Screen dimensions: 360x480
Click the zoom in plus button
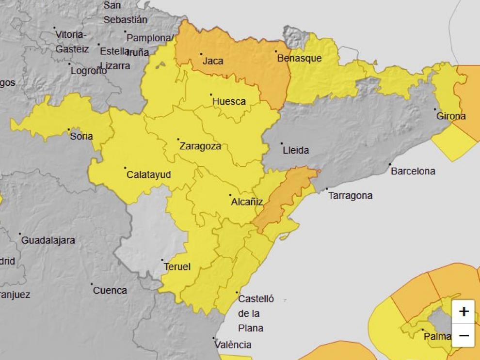pyautogui.click(x=464, y=312)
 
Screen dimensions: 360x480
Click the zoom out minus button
pyautogui.click(x=464, y=335)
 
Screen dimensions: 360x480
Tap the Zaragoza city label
pyautogui.click(x=200, y=146)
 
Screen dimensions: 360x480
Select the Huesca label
pyautogui.click(x=229, y=101)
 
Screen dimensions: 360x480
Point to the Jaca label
pyautogui.click(x=213, y=61)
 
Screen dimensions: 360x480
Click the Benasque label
pyautogui.click(x=299, y=58)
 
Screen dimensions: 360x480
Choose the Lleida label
pyautogui.click(x=295, y=150)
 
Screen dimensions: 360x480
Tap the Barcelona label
pyautogui.click(x=413, y=171)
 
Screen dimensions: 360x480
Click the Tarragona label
pyautogui.click(x=351, y=196)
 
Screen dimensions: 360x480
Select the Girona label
pyautogui.click(x=451, y=116)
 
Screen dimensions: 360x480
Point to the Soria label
pyautogui.click(x=81, y=136)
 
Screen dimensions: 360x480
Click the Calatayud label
pyautogui.click(x=148, y=175)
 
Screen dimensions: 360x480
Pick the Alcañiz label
pyautogui.click(x=247, y=202)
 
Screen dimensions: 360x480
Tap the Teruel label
pyautogui.click(x=177, y=266)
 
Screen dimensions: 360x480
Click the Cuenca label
pyautogui.click(x=110, y=291)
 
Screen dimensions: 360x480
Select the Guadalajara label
pyautogui.click(x=48, y=240)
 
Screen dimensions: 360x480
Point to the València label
pyautogui.click(x=234, y=345)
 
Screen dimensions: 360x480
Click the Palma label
pyautogui.click(x=437, y=336)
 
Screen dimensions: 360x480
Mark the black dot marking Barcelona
pyautogui.click(x=390, y=165)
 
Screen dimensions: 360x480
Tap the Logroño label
pyautogui.click(x=89, y=71)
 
